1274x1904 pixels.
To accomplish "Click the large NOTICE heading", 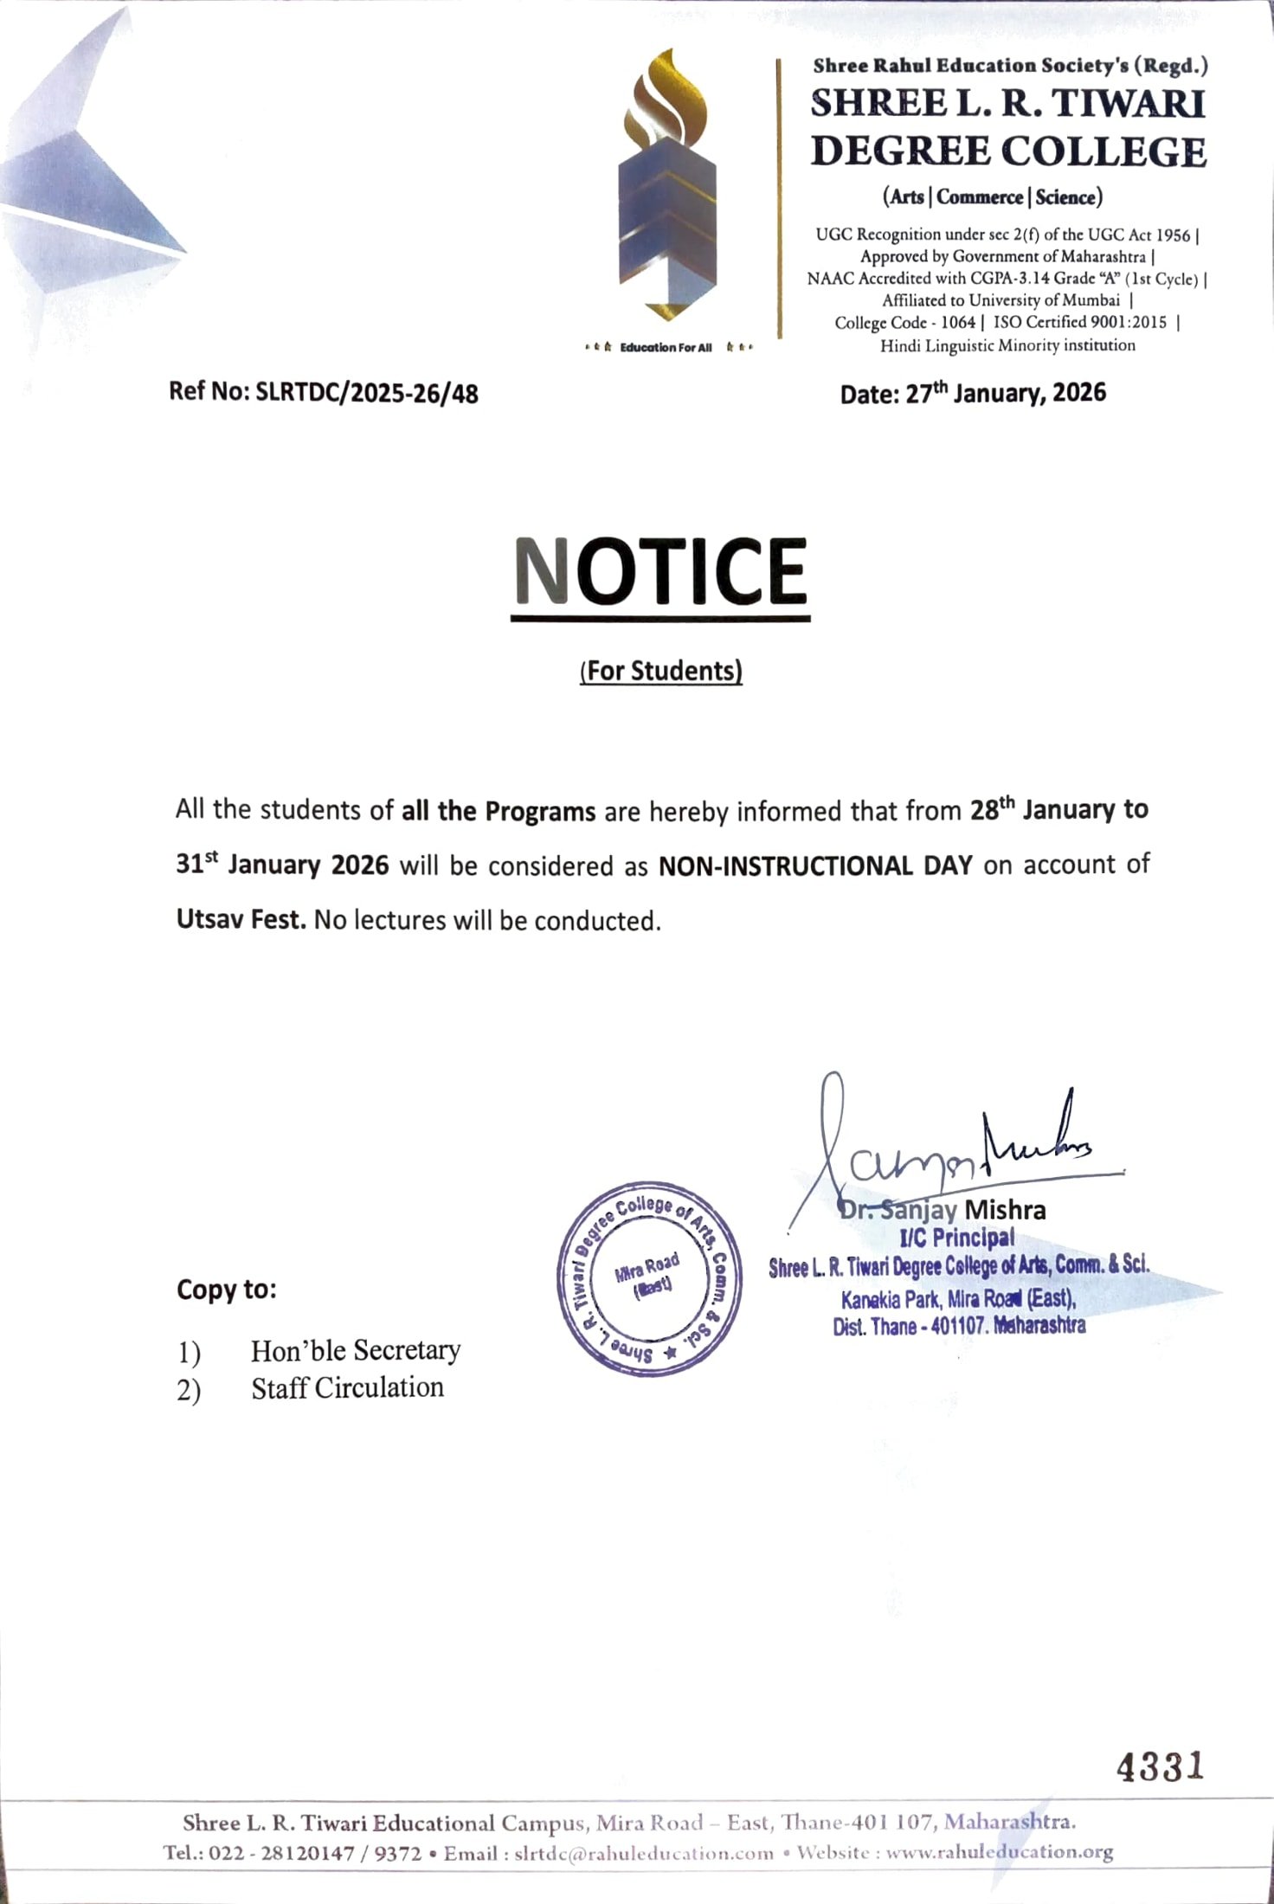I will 660,572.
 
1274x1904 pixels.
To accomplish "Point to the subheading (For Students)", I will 661,672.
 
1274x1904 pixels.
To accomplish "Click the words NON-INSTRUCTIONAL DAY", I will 815,865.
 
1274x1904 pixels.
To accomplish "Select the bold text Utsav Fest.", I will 241,919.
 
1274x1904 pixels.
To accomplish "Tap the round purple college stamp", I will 649,1278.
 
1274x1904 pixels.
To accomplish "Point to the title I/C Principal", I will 956,1238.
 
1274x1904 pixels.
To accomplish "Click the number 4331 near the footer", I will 1160,1766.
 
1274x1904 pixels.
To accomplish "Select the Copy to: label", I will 227,1290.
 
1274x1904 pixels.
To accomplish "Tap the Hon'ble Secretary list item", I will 355,1350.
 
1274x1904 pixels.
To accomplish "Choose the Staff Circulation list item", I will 347,1388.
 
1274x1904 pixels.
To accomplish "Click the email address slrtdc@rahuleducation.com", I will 643,1853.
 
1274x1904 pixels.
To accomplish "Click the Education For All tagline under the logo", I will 666,348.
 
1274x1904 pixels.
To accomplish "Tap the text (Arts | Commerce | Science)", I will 992,197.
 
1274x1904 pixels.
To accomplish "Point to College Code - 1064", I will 904,323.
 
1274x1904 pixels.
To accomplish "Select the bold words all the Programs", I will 499,812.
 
